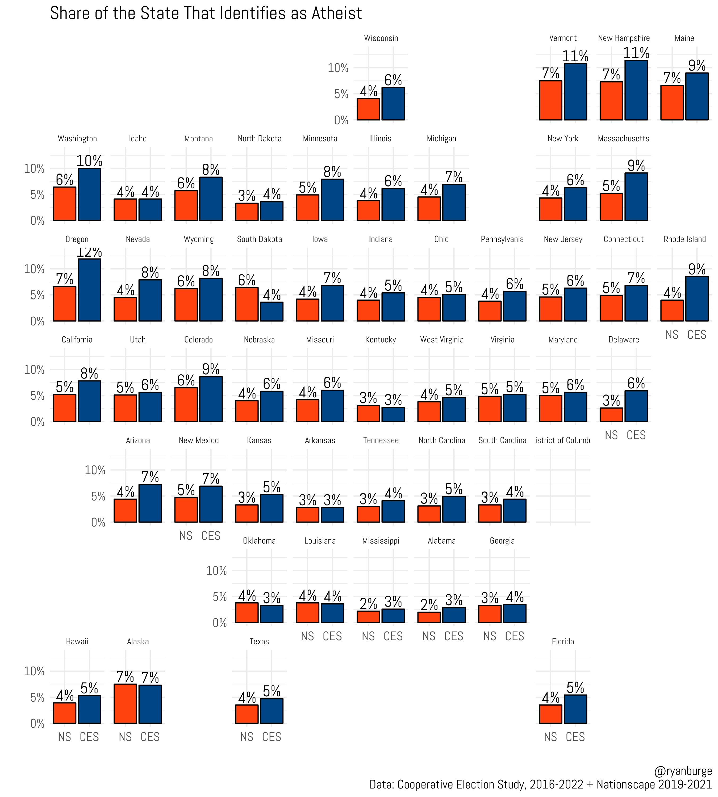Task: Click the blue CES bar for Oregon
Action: coord(90,290)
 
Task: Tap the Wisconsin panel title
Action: coord(381,38)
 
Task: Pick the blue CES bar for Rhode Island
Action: coord(697,299)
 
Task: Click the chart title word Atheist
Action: coord(336,13)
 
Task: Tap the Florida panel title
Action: coord(562,642)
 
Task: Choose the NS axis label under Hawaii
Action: coord(65,737)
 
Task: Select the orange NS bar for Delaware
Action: coord(611,415)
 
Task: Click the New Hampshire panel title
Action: coord(623,38)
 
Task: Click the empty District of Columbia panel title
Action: coord(562,440)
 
